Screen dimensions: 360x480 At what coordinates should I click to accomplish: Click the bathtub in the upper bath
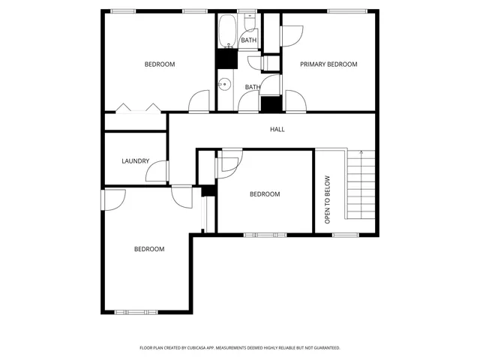coord(227,32)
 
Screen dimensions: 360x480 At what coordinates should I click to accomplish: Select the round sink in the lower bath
coord(223,84)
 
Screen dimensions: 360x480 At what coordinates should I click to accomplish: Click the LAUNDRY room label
coord(136,161)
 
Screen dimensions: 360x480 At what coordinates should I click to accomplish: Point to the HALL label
coord(277,129)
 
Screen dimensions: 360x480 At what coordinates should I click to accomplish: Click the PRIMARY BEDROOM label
coord(328,64)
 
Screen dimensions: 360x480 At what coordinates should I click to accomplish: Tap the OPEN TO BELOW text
coord(327,199)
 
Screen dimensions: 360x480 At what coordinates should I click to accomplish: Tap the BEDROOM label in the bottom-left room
coord(149,249)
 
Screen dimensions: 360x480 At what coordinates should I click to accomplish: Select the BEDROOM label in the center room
coord(265,194)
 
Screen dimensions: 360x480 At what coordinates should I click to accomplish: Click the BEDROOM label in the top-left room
coord(160,64)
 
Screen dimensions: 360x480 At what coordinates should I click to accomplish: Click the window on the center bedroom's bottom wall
coord(265,235)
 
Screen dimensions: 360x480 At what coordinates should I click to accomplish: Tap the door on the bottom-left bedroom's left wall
coord(112,199)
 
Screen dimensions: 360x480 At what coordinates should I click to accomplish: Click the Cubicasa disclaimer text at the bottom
coord(240,348)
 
